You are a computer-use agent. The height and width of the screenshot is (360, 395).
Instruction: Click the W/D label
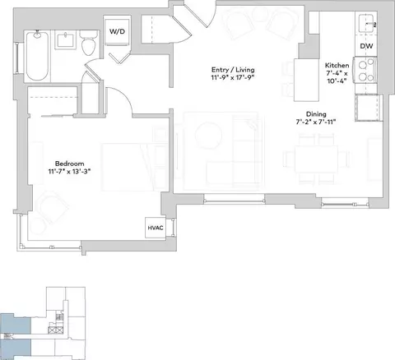tap(117, 31)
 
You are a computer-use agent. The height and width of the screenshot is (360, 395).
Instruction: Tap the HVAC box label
tap(156, 228)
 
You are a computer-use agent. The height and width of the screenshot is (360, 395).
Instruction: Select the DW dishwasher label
tap(366, 46)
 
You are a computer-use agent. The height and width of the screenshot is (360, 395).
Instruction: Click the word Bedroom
tap(70, 164)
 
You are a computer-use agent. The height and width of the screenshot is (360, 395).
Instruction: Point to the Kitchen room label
tap(337, 66)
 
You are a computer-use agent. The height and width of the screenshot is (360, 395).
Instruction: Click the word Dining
tap(316, 114)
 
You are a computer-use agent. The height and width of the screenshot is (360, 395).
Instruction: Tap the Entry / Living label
tap(233, 70)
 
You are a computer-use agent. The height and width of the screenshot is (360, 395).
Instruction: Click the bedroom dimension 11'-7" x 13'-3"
tap(69, 172)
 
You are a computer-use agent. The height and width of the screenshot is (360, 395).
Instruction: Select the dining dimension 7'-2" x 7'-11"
tap(316, 122)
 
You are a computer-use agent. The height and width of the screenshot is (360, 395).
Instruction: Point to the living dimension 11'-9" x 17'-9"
tap(233, 77)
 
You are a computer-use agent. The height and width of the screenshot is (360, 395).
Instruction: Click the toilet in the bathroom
tap(89, 43)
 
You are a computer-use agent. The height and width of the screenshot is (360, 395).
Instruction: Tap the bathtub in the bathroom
tap(38, 56)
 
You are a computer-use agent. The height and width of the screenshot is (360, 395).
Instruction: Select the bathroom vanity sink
tap(66, 40)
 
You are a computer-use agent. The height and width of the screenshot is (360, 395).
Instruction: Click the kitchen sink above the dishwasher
tap(367, 24)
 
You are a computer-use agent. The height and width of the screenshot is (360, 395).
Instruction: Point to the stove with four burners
tap(365, 71)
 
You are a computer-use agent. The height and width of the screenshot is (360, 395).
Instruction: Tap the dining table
tap(317, 159)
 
